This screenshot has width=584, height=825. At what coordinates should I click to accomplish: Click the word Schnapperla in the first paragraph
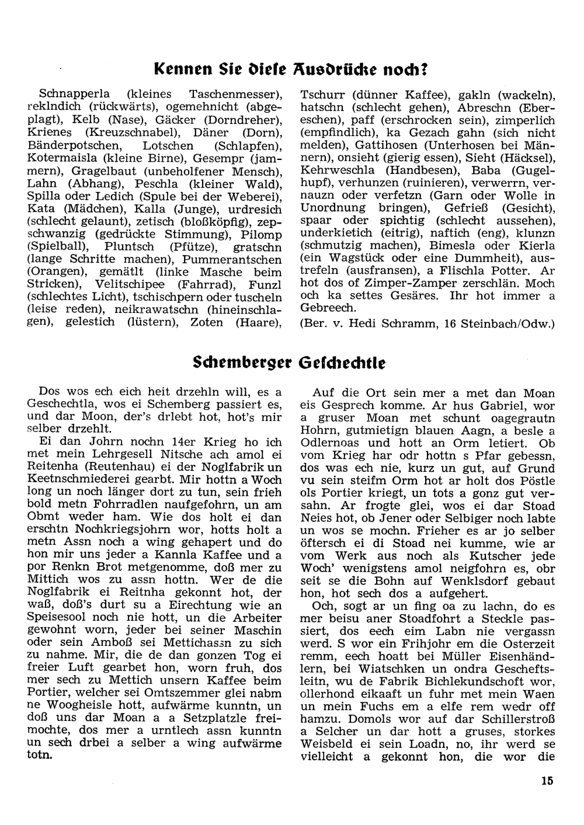72,94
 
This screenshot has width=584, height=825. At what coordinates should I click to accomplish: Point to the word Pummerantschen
232,259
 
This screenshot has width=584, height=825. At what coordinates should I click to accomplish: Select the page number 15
547,781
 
